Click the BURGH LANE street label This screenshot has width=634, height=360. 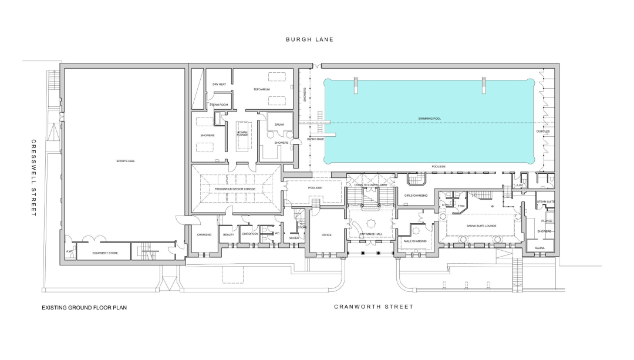click(x=309, y=39)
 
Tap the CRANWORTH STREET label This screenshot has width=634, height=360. click(x=374, y=307)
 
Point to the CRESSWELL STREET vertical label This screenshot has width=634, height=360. click(x=34, y=177)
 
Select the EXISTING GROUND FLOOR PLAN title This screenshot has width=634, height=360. click(x=84, y=307)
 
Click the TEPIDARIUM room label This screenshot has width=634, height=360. click(x=262, y=89)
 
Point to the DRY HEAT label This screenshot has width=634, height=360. click(x=220, y=85)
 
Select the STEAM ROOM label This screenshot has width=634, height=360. click(x=219, y=105)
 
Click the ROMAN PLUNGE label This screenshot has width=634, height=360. click(x=242, y=134)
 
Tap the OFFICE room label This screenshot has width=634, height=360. click(x=326, y=235)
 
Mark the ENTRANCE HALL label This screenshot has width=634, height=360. click(x=371, y=234)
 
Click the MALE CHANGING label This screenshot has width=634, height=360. click(x=415, y=241)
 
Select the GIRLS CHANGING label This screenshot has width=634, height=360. click(x=416, y=195)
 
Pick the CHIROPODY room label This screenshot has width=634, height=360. click(x=250, y=235)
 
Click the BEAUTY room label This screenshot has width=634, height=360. click(x=228, y=235)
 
